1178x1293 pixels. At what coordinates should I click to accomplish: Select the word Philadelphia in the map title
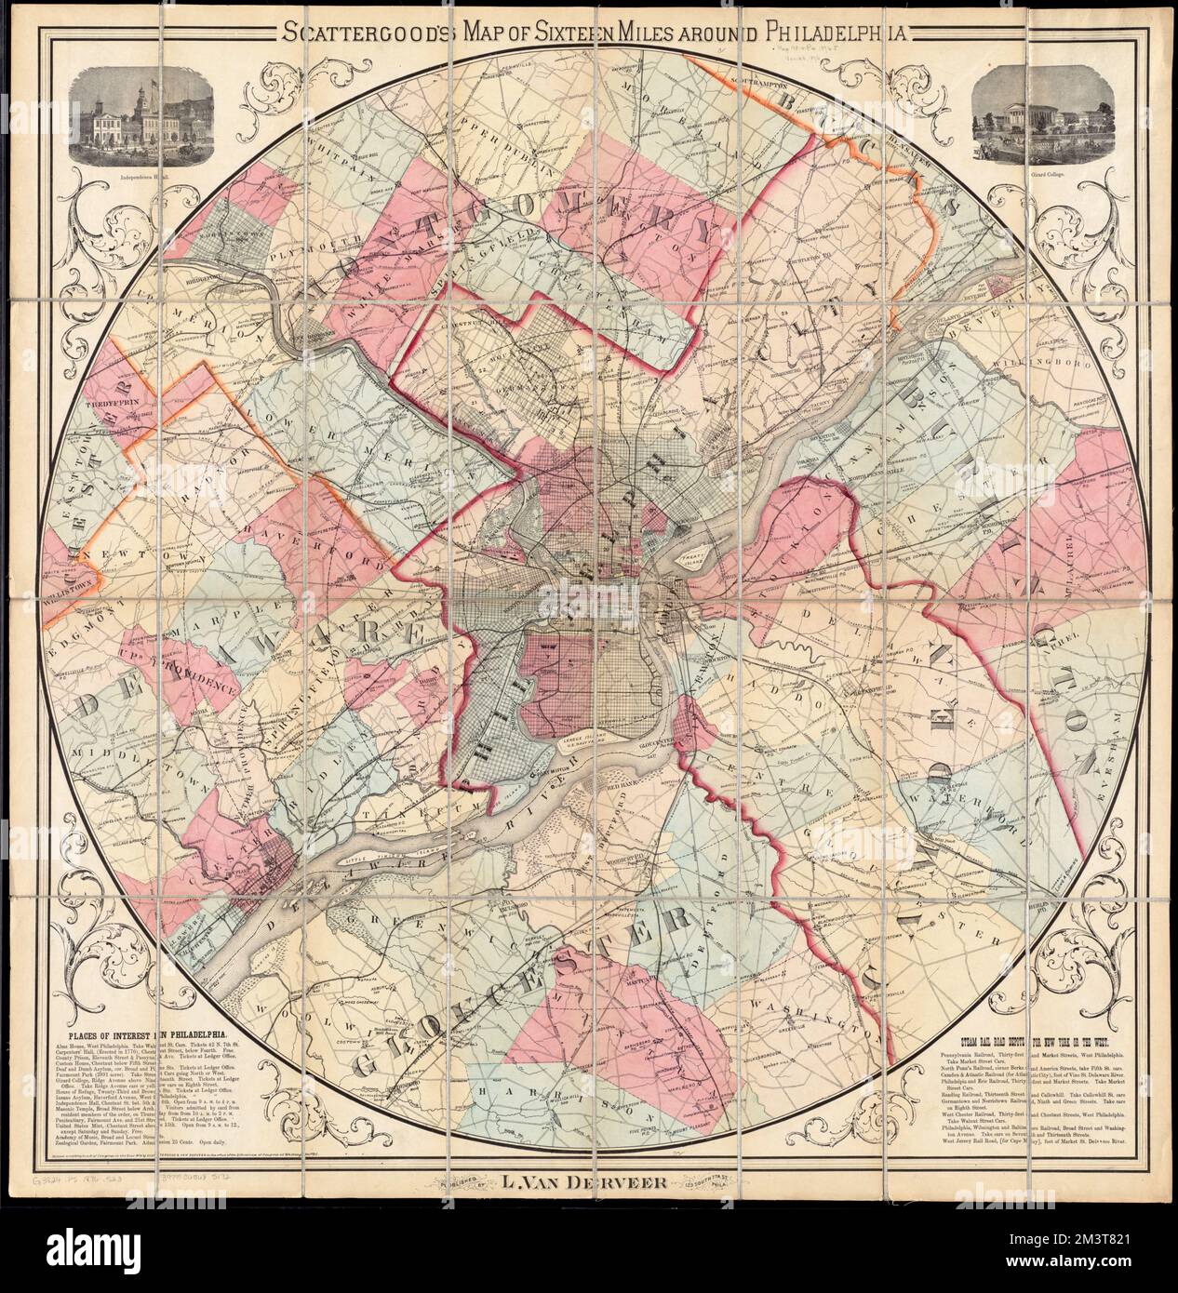832,35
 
